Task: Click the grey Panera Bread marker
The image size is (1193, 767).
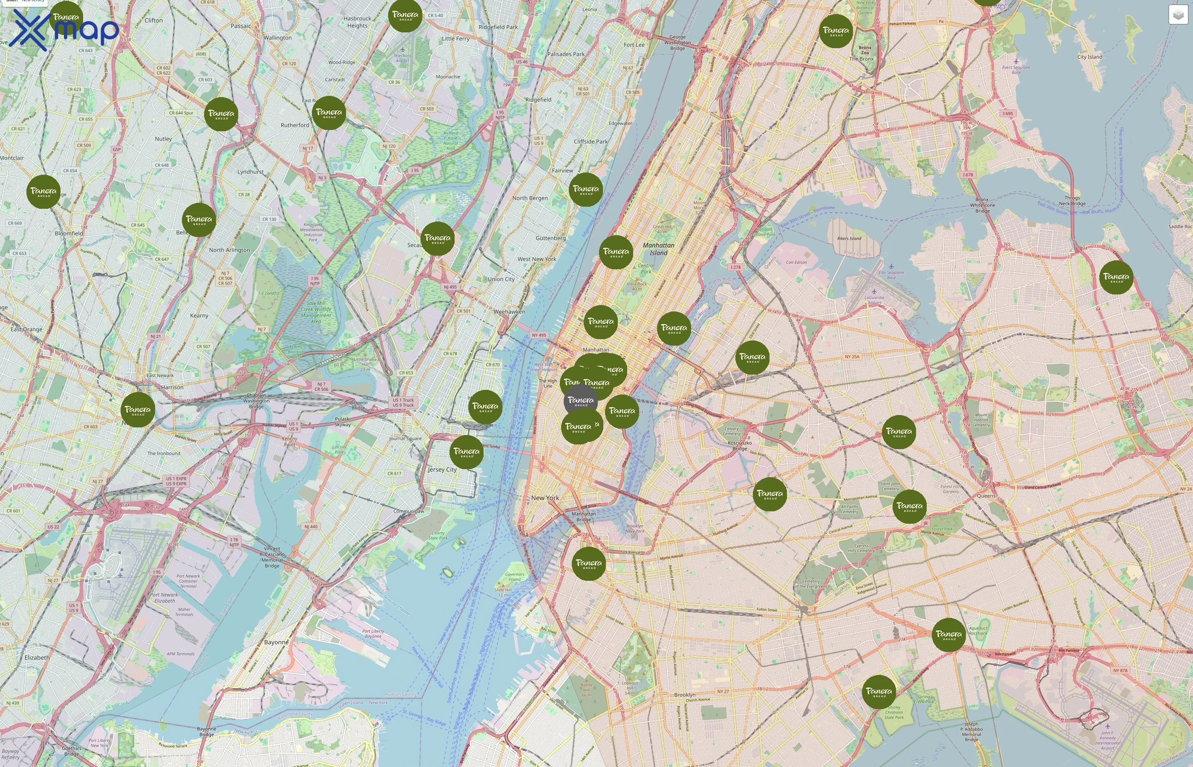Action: tap(581, 401)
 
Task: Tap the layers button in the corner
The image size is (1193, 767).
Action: tap(1178, 15)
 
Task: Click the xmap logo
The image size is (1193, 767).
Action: tap(65, 30)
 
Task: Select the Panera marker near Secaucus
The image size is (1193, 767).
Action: tap(437, 239)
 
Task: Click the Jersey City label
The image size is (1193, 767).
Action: tap(442, 469)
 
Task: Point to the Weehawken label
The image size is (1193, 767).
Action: tap(509, 312)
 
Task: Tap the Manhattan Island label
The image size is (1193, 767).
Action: tap(658, 249)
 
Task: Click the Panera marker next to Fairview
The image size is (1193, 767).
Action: tap(585, 190)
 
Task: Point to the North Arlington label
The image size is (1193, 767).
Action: tap(229, 250)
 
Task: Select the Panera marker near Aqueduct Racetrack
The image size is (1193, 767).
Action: tap(948, 635)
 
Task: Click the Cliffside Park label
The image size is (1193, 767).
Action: tap(591, 141)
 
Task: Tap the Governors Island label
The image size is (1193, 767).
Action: tap(514, 577)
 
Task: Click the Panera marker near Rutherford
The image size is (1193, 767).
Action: tap(329, 113)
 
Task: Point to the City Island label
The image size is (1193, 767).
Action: tap(1089, 57)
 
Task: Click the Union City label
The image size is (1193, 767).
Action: tap(501, 279)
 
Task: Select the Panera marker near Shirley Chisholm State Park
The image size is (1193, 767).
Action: tap(878, 692)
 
